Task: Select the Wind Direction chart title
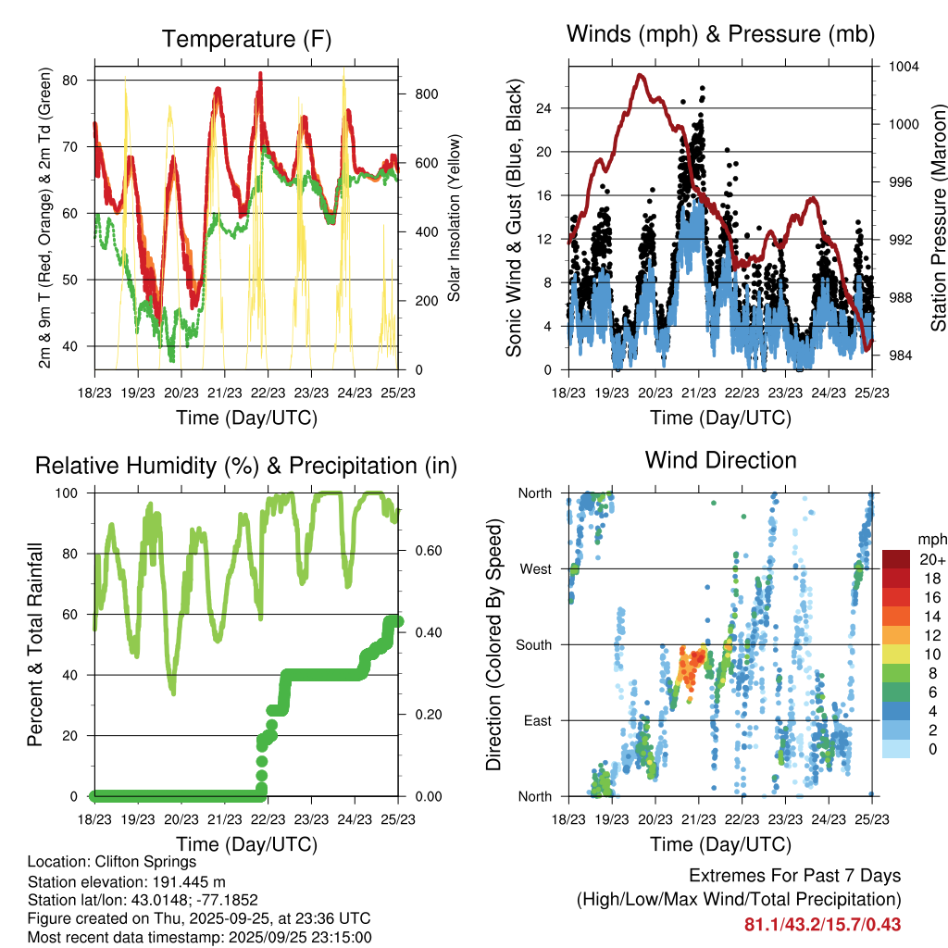pyautogui.click(x=720, y=460)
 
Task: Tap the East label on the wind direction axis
pyautogui.click(x=536, y=720)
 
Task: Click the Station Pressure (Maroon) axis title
pyautogui.click(x=938, y=217)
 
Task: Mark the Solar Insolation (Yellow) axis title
pyautogui.click(x=455, y=218)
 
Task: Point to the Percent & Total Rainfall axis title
pyautogui.click(x=35, y=644)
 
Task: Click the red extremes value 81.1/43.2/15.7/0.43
pyautogui.click(x=822, y=925)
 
